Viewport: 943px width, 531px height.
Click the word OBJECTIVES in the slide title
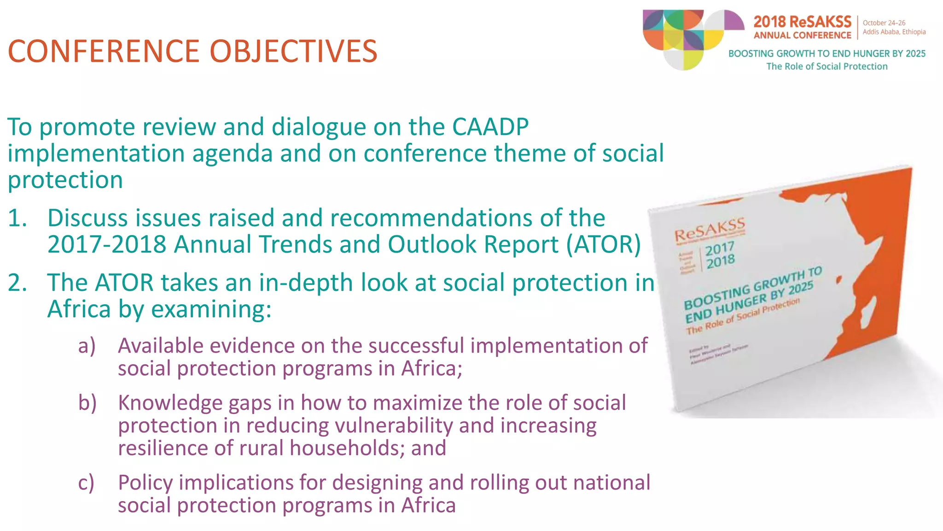tap(293, 51)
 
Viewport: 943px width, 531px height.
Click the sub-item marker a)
tap(87, 346)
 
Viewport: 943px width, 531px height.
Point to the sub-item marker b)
tap(87, 403)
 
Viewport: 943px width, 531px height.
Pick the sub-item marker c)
tap(86, 483)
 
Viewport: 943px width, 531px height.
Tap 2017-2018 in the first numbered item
tap(106, 244)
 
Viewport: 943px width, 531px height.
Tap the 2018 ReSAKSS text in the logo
tap(802, 22)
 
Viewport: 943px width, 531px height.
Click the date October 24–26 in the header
tap(884, 23)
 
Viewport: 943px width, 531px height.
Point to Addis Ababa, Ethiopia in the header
tap(894, 32)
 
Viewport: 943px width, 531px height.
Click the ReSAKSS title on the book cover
tap(709, 230)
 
